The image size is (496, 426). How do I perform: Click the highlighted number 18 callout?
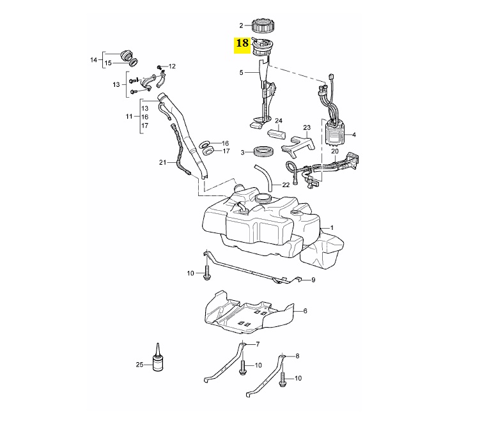(243, 43)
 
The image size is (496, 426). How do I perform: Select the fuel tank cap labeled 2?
(263, 26)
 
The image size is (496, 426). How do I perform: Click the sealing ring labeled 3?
(264, 152)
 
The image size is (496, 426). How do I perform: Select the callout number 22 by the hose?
(286, 185)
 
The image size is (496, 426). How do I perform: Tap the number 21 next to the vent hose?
(162, 163)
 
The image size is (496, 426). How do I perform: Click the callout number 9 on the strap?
(313, 280)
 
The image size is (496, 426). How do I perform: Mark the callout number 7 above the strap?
(258, 344)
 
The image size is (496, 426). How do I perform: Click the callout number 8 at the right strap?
(297, 355)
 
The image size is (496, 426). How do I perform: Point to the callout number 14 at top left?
(93, 60)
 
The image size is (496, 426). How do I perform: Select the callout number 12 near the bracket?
(172, 66)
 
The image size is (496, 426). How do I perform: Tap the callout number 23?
(307, 128)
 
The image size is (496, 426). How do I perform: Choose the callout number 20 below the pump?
(334, 151)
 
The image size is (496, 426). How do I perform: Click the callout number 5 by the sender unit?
(242, 73)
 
